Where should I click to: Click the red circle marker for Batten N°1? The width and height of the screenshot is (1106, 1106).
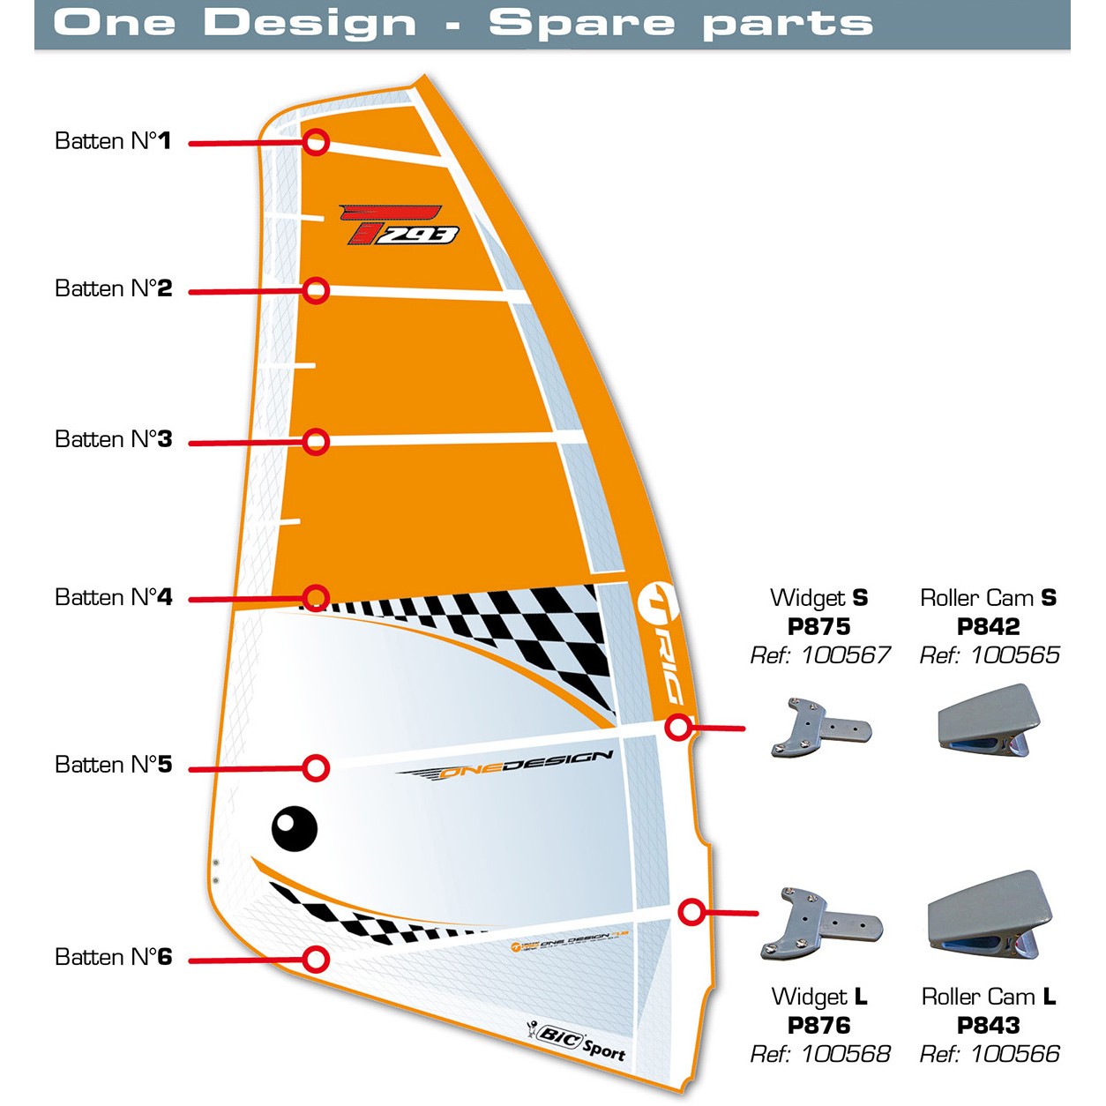317,142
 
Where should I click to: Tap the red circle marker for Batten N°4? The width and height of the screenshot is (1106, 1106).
316,598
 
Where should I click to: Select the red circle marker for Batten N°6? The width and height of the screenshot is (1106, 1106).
316,959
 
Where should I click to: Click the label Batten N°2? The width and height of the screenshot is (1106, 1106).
113,288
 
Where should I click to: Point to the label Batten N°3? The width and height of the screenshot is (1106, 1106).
113,439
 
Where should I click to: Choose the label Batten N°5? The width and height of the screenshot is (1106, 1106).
113,764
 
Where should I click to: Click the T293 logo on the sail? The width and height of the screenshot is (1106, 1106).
401,225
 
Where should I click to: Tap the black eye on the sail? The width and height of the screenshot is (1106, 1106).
294,828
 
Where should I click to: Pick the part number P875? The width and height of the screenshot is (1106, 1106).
818,626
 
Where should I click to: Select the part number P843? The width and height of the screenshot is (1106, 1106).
988,1025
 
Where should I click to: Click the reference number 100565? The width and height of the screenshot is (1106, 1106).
1014,654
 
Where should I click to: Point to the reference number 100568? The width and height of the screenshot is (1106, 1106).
845,1053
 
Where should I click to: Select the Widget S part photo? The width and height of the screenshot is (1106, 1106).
820,729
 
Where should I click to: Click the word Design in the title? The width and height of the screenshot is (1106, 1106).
310,23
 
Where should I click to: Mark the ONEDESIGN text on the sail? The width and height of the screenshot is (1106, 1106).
507,766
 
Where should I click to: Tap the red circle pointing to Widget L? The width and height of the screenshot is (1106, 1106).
692,912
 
